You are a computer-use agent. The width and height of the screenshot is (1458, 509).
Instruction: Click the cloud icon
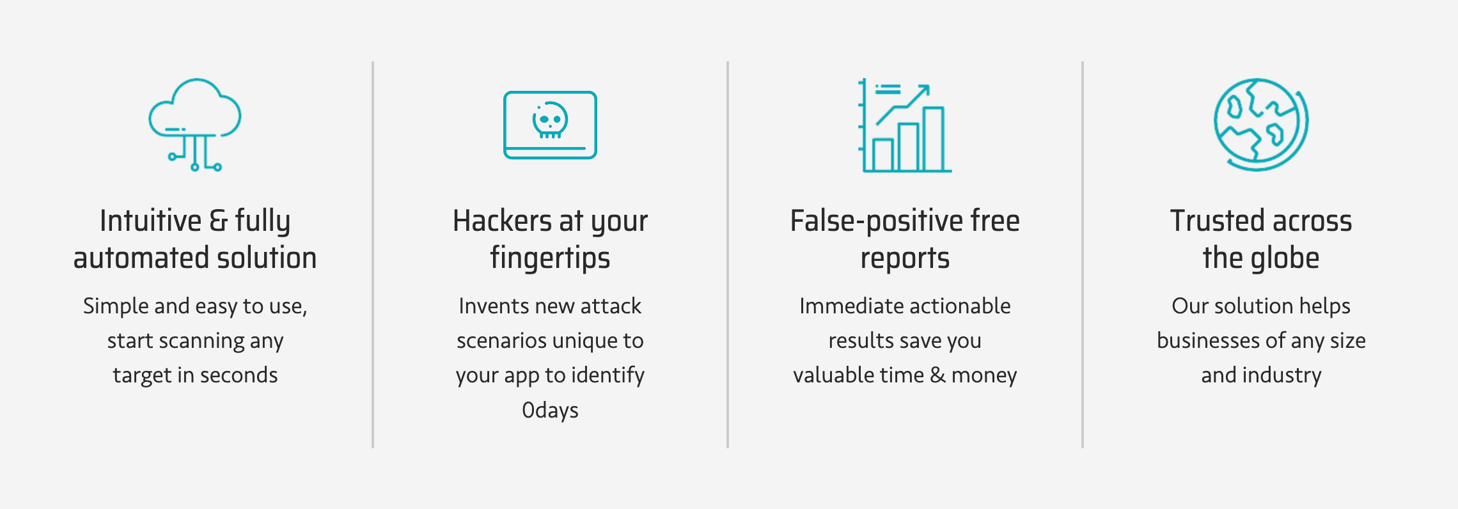pos(195,125)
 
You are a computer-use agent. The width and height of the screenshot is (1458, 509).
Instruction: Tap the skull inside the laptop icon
pos(550,120)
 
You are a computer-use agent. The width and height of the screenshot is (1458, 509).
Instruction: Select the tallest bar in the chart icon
pos(934,139)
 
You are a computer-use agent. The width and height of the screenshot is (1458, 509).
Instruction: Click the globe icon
pos(1261,125)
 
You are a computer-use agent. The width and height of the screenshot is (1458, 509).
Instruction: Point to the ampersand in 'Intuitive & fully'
pos(219,221)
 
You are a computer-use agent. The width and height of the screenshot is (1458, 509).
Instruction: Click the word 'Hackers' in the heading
pos(502,221)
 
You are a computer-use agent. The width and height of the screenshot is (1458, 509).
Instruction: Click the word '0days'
pos(550,410)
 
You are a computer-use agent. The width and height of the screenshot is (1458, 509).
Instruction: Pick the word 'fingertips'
pos(550,258)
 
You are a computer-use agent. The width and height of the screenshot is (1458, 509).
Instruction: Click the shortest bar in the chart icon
pos(883,155)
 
